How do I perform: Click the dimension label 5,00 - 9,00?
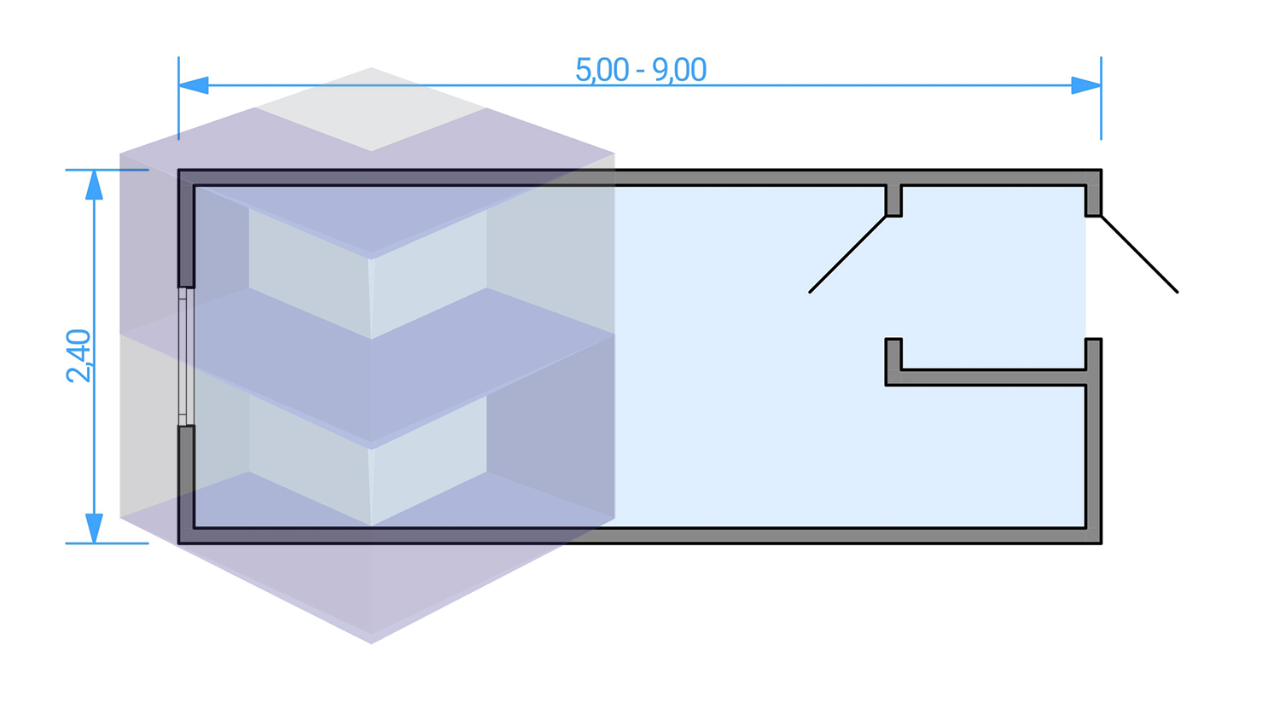(x=641, y=70)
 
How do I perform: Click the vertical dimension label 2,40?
(x=79, y=356)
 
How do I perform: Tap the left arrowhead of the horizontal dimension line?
(x=194, y=85)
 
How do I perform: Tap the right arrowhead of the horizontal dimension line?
(x=1085, y=85)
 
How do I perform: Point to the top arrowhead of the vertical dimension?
(x=94, y=185)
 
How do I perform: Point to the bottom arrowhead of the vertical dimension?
(x=94, y=528)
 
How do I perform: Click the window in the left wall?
(x=183, y=357)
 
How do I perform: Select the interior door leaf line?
(x=848, y=254)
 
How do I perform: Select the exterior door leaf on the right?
(x=1139, y=254)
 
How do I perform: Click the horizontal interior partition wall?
(x=990, y=378)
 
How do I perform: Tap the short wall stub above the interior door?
(x=893, y=200)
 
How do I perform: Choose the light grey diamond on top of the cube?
(x=371, y=109)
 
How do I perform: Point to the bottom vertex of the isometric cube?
(x=371, y=642)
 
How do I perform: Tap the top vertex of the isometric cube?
(x=371, y=68)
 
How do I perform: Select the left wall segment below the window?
(x=186, y=482)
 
